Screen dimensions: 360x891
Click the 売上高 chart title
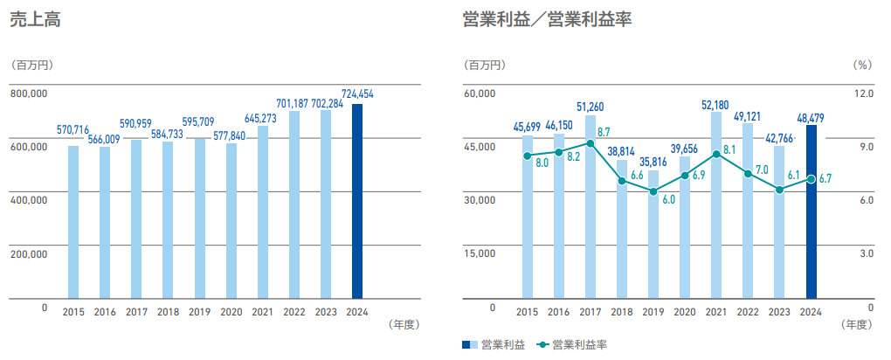tap(33, 22)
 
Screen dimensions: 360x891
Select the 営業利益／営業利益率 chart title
tap(547, 22)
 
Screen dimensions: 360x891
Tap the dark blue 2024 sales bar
tap(356, 201)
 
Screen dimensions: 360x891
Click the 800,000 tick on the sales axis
tap(28, 93)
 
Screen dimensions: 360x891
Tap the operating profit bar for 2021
tap(716, 205)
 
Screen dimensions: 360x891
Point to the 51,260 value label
tap(591, 107)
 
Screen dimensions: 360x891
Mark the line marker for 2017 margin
tap(591, 143)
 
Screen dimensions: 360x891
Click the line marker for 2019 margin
tap(653, 191)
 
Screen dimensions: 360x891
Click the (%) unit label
tap(861, 66)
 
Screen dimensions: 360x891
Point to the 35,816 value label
tap(653, 162)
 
